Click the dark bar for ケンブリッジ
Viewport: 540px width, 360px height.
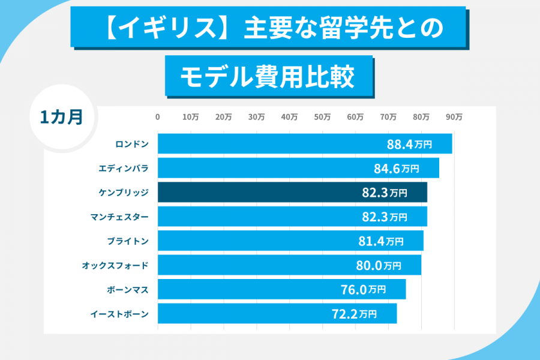292,193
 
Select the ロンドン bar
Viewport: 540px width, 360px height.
304,144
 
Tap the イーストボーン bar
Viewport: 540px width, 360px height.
277,313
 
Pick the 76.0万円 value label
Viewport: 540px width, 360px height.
363,289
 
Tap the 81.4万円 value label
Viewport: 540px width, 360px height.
380,241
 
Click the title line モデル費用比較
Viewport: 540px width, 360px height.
268,76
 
